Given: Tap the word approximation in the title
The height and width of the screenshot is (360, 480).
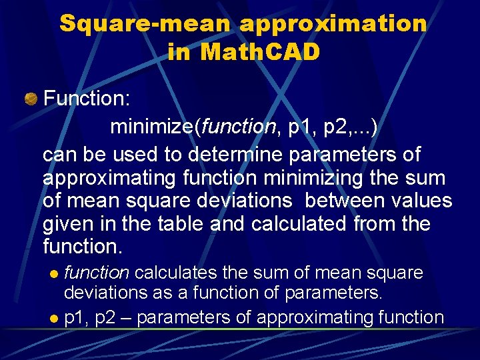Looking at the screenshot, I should (x=333, y=24).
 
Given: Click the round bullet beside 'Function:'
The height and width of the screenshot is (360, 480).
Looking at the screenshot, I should (x=31, y=99).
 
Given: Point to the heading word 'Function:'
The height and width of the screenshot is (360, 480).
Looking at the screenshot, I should (x=87, y=99).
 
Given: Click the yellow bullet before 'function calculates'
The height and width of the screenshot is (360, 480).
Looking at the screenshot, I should (x=55, y=274).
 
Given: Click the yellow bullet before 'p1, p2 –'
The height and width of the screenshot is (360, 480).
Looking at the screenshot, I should (x=55, y=319).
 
